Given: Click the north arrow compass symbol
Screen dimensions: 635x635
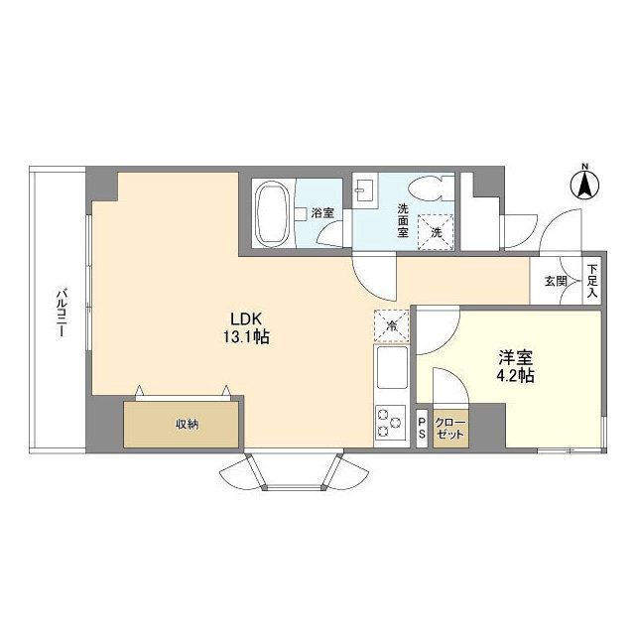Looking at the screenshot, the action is click(584, 185).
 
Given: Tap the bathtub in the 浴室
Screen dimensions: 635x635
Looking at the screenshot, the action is click(273, 213).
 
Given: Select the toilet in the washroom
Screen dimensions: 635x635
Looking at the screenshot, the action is click(431, 188).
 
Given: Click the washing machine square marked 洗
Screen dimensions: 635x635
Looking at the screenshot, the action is click(436, 232).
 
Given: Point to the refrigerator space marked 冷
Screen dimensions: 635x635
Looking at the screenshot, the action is click(391, 325).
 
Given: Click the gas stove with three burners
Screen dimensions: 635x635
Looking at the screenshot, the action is click(391, 423).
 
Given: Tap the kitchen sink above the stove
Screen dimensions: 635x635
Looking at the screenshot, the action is click(392, 367).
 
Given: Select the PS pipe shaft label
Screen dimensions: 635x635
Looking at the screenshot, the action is click(422, 428).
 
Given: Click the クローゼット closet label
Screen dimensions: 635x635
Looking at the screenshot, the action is click(450, 429).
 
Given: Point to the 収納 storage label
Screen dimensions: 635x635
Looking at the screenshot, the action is click(188, 424).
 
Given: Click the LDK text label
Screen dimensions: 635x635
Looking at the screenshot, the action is click(246, 319).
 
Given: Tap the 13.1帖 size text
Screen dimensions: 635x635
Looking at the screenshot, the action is click(246, 337).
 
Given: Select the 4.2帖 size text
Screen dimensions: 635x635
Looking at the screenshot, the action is click(515, 376).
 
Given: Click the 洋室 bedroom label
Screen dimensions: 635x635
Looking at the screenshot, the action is click(515, 357).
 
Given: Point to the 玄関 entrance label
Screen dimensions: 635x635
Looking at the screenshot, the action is click(556, 281).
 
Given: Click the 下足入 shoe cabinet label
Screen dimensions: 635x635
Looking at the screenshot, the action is click(592, 280).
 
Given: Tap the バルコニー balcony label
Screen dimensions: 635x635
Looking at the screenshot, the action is click(62, 312).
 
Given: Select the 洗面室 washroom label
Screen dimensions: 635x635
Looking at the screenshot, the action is click(403, 220).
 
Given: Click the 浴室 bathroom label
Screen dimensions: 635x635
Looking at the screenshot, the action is click(322, 212).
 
